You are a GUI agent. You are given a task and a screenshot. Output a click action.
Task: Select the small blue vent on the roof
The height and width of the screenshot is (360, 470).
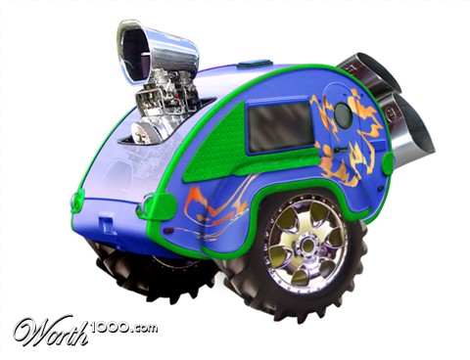pyautogui.click(x=255, y=64)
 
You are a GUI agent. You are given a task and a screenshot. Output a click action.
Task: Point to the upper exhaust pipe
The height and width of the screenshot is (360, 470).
pyautogui.click(x=370, y=72)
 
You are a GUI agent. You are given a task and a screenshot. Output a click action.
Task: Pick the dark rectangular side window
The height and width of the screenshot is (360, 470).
pyautogui.click(x=279, y=127)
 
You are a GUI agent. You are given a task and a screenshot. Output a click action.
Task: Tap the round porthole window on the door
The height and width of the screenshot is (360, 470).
pyautogui.click(x=343, y=115)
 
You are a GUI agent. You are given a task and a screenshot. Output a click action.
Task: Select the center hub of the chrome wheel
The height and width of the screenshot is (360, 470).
pyautogui.click(x=306, y=244)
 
